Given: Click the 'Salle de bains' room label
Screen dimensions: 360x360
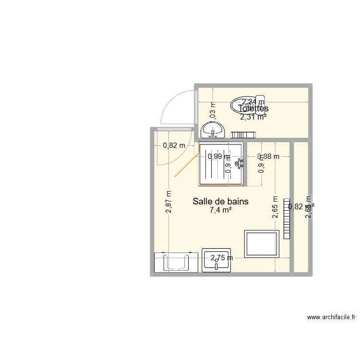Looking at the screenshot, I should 220,202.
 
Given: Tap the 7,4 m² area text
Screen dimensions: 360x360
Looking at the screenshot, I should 220,210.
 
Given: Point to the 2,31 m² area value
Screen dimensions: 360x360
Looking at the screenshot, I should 253,116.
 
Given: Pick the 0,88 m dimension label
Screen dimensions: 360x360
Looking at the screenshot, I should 268,156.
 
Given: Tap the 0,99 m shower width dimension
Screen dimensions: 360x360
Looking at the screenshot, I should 219,156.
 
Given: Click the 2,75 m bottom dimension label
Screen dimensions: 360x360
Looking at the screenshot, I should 221,258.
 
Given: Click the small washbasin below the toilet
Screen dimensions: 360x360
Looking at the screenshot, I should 213,130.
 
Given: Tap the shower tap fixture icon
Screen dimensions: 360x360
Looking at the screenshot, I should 239,163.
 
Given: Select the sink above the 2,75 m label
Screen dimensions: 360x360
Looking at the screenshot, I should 216,262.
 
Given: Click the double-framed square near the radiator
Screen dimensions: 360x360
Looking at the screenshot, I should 262,244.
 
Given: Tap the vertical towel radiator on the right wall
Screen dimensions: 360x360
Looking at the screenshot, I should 288,218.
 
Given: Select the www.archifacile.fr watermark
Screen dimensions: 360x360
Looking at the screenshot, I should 331,317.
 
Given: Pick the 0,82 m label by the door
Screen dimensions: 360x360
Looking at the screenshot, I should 174,146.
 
